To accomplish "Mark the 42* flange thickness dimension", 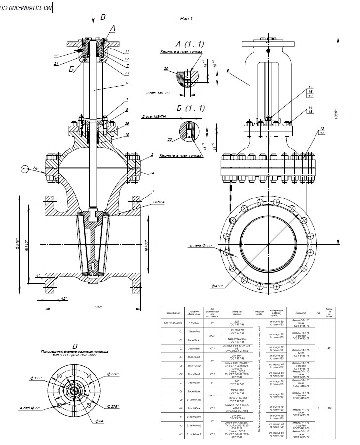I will click(x=64, y=298).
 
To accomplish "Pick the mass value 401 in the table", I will click(x=330, y=348).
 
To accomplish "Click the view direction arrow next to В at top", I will click(x=93, y=18).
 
